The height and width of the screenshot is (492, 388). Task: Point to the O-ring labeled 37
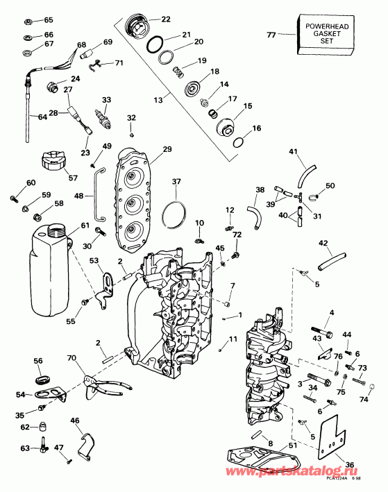pos(176,212)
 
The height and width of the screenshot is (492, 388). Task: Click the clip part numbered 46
pos(85,446)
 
